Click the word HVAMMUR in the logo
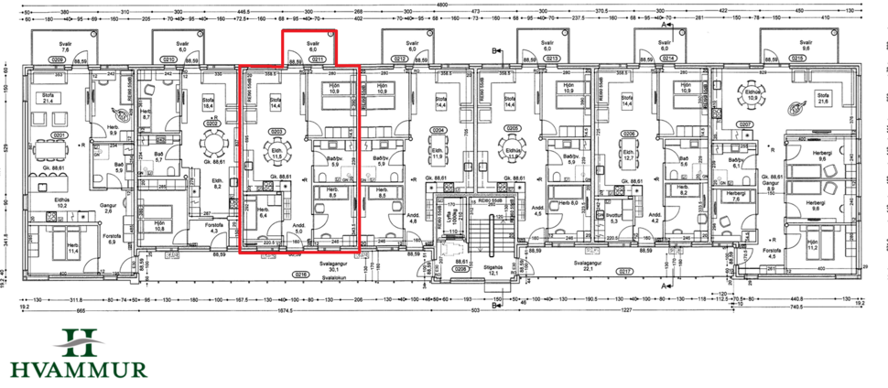tap(78, 369)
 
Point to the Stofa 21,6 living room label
tap(822, 99)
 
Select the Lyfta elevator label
tap(449, 215)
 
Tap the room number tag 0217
tap(625, 273)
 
